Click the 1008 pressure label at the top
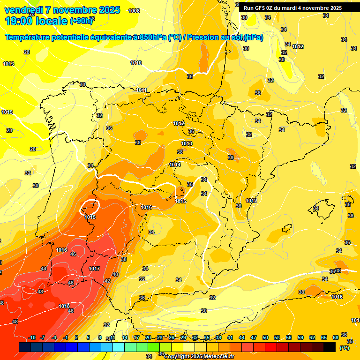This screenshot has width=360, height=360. tap(134, 11)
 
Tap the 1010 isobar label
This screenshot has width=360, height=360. tap(136, 63)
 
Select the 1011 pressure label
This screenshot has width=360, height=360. tap(142, 90)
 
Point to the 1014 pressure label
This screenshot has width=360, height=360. tap(175, 165)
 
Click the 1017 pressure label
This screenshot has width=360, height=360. tap(94, 269)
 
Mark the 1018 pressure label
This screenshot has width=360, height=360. tap(65, 306)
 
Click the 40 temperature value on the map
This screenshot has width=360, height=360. tap(115, 274)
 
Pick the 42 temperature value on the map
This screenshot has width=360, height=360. tap(107, 281)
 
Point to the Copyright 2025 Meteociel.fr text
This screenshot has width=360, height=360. tap(199, 357)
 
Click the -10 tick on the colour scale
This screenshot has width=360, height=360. tap(32, 338)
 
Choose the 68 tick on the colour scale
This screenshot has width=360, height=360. tap(336, 338)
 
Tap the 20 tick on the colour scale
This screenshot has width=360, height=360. tap(148, 338)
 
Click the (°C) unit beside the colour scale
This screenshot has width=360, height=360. tap(345, 348)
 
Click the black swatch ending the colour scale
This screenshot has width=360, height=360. tap(330, 347)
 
